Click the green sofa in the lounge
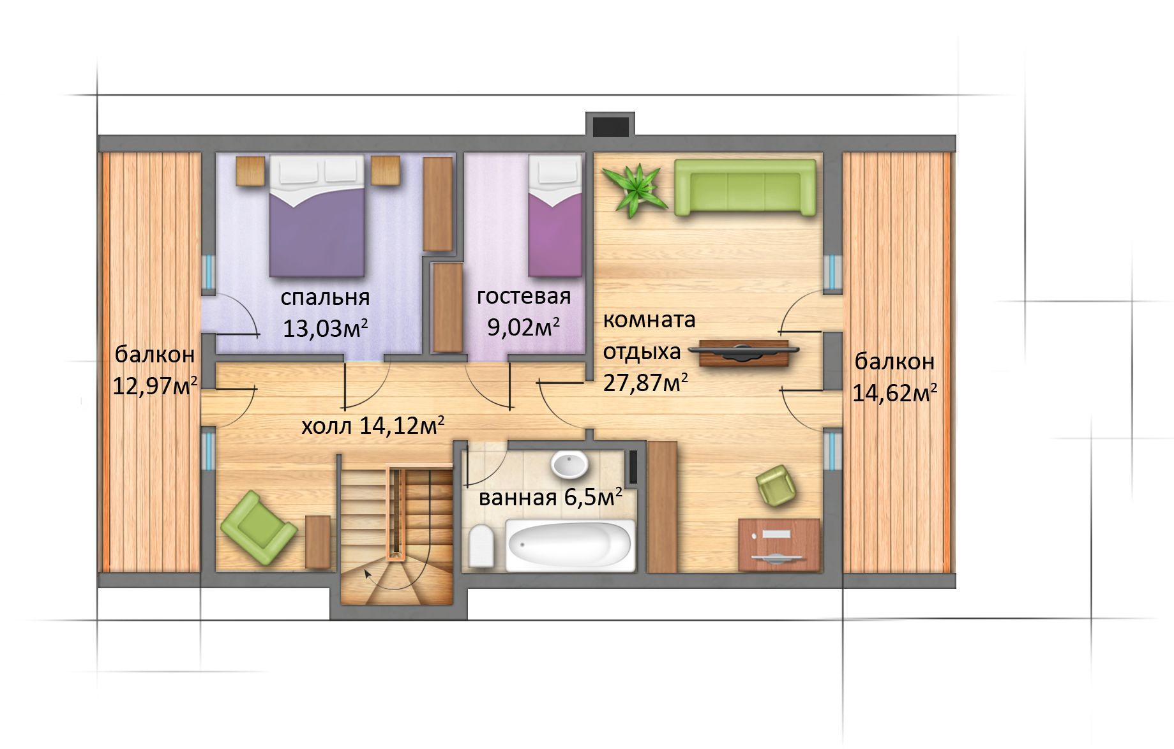[x=745, y=187]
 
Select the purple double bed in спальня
[x=317, y=216]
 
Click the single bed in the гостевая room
[x=555, y=217]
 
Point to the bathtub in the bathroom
[x=570, y=544]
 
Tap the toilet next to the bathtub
[x=481, y=547]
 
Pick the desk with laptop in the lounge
[x=779, y=544]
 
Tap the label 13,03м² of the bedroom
[x=325, y=328]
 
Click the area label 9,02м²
[x=523, y=327]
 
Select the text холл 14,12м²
[x=373, y=425]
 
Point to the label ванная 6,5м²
[x=550, y=497]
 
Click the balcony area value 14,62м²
[x=894, y=392]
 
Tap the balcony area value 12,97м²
[x=154, y=385]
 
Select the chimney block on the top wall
[x=610, y=124]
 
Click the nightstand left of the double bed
[x=250, y=170]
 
